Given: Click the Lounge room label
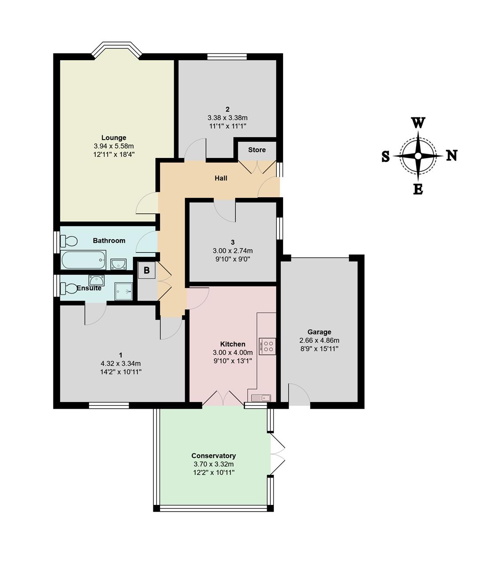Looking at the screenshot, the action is click(x=114, y=137).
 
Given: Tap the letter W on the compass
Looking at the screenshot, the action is click(x=418, y=123).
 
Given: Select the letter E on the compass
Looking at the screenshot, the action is click(x=418, y=190).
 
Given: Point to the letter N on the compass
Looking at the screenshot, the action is click(x=452, y=156).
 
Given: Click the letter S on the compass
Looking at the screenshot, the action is click(x=385, y=156).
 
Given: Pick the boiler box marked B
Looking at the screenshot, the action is click(x=146, y=270).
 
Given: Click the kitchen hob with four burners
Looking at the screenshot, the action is click(x=267, y=347).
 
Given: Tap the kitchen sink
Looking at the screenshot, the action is click(x=261, y=398).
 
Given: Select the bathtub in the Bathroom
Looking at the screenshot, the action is click(x=83, y=260).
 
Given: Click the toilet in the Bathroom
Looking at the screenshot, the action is click(x=68, y=241).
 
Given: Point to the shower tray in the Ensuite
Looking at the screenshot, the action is click(x=123, y=291).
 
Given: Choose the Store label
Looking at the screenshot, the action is click(x=257, y=150).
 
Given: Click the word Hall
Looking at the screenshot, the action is click(x=221, y=178).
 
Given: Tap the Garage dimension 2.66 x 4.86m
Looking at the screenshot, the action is click(x=320, y=340).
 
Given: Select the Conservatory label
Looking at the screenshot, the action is click(x=214, y=456).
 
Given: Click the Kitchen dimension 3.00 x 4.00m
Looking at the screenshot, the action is click(x=233, y=353).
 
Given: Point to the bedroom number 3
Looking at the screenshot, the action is click(x=233, y=242).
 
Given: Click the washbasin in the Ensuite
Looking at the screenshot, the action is click(x=97, y=280).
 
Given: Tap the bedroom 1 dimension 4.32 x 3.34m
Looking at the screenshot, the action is click(x=121, y=364).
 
